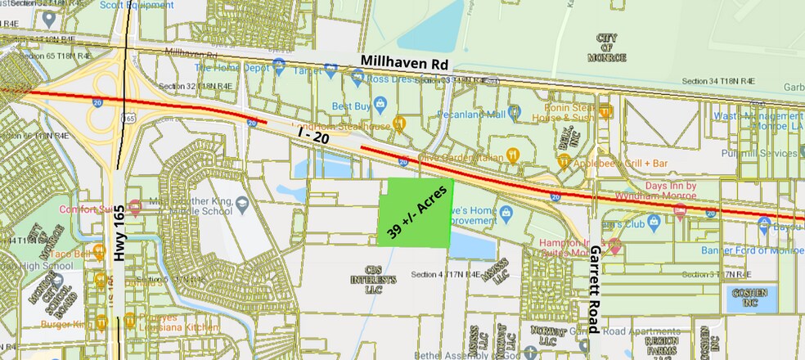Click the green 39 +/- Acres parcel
tap(416, 212)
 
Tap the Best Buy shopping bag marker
tap(380, 106)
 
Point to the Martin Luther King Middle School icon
tap(241, 202)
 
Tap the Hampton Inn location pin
tap(614, 244)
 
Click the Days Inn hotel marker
tap(679, 210)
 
